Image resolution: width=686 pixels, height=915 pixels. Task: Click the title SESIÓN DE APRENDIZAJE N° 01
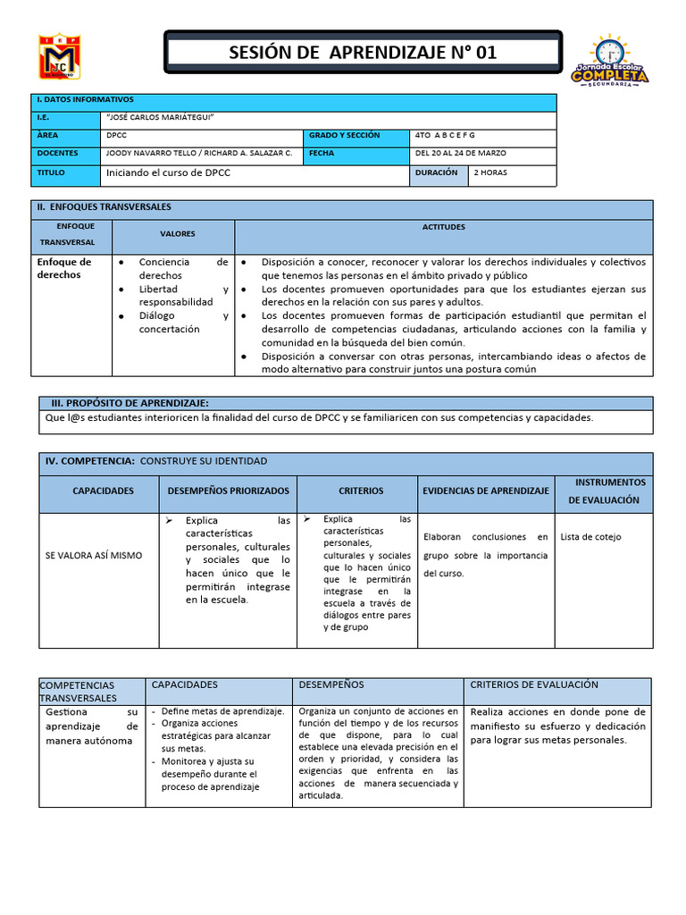(x=363, y=53)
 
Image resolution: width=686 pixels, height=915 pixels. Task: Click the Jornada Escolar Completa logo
(x=610, y=62)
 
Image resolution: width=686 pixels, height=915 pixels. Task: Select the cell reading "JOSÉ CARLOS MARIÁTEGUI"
(x=161, y=118)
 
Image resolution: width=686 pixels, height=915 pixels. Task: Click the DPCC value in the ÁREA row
(x=116, y=136)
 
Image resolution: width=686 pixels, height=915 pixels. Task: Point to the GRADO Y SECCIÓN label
(x=345, y=136)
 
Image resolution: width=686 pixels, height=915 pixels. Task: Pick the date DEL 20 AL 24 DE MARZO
(x=461, y=153)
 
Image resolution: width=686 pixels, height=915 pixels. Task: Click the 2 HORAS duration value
(x=490, y=172)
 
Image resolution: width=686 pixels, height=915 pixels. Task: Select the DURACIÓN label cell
(x=437, y=172)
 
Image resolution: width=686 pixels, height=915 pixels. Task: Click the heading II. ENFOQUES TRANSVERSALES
(x=104, y=206)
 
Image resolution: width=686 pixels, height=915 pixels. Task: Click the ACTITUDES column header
(x=443, y=228)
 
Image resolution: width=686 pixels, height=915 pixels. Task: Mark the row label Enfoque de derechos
(x=64, y=268)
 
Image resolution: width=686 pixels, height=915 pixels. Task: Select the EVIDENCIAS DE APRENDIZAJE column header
(x=486, y=491)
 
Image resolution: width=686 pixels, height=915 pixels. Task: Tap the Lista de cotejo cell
(x=590, y=537)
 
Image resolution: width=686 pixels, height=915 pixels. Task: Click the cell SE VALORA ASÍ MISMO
(x=94, y=556)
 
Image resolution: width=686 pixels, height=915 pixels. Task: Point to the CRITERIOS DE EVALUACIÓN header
(x=534, y=684)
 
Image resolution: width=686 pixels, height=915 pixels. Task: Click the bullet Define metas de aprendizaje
(x=222, y=711)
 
